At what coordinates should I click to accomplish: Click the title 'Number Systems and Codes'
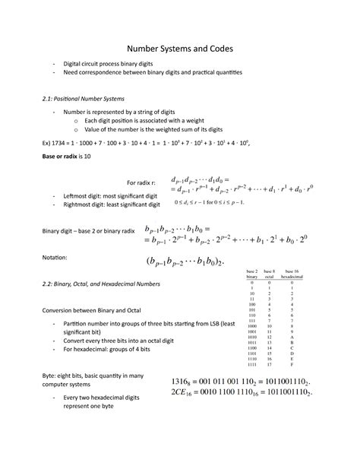click(x=179, y=48)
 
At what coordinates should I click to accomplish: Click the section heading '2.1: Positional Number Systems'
click(x=89, y=99)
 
